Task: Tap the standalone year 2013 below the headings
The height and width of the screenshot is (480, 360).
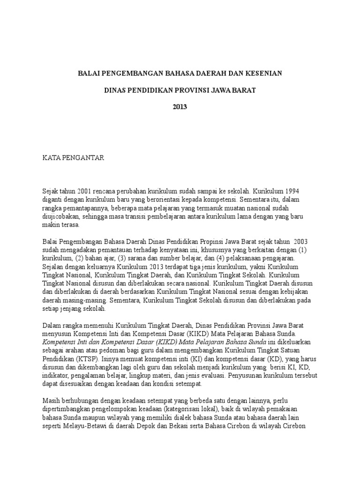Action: [x=180, y=106]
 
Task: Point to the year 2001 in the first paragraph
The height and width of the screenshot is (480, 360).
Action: [x=83, y=191]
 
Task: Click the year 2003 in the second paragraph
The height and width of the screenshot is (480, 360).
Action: [x=300, y=241]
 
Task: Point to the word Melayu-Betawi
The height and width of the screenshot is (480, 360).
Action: [x=84, y=425]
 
